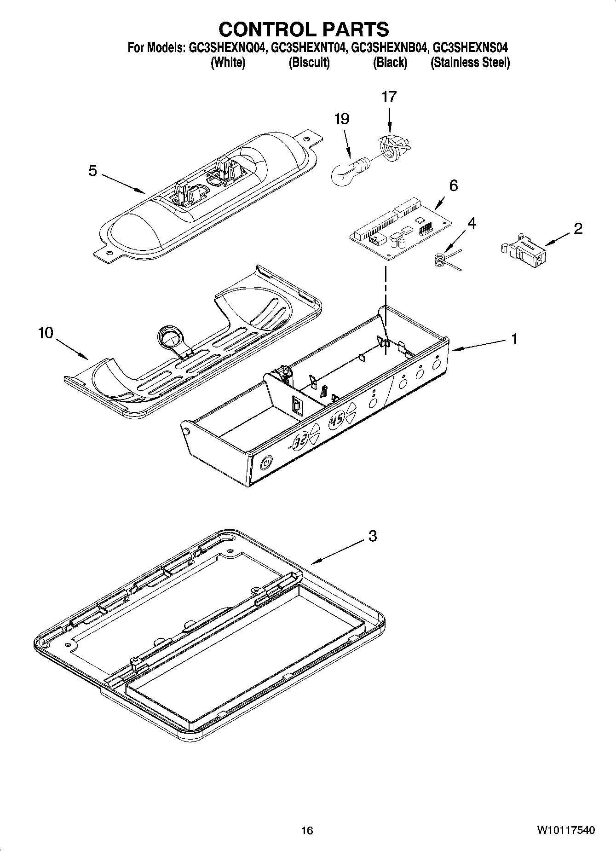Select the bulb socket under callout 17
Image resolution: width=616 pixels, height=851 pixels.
(x=392, y=147)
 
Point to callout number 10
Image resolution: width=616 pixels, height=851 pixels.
(x=46, y=333)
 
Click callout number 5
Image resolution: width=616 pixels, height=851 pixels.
(x=93, y=171)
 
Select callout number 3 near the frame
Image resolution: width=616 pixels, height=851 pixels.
(x=372, y=536)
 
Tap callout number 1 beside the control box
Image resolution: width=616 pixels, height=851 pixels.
(x=514, y=339)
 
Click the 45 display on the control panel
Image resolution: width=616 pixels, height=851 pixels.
(x=338, y=420)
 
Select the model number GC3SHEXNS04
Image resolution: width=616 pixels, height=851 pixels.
(x=472, y=48)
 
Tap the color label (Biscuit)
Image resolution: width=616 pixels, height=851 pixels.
(x=309, y=63)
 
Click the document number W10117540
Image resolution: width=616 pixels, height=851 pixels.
(x=565, y=830)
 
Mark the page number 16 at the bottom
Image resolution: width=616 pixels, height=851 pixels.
(x=307, y=830)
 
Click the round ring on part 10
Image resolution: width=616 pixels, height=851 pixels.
(x=169, y=337)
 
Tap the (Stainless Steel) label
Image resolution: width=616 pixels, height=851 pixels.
(x=470, y=63)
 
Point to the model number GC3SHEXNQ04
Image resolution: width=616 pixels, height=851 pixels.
(x=227, y=48)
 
